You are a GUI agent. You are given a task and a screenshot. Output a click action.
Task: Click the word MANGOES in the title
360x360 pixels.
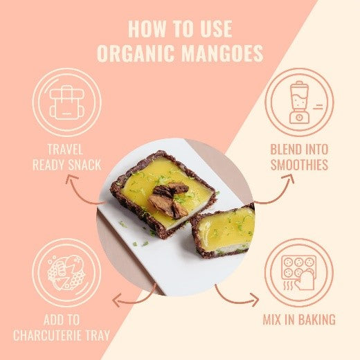[222, 53]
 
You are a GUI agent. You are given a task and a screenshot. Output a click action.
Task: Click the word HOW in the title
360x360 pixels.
[147, 29]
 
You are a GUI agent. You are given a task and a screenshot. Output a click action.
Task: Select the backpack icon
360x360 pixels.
[67, 102]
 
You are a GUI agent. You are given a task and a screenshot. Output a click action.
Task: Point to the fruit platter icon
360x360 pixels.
[66, 273]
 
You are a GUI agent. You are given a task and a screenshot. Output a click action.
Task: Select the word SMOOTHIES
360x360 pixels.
[299, 165]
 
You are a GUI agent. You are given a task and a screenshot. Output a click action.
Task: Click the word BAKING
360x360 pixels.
[317, 320]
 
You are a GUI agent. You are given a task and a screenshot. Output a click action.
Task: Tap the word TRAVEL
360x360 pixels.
[65, 150]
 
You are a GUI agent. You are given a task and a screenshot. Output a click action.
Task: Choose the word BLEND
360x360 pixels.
[286, 150]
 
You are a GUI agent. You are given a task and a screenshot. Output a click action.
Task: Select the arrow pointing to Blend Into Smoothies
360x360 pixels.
[280, 195]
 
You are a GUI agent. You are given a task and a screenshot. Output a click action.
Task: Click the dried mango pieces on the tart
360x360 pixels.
[168, 199]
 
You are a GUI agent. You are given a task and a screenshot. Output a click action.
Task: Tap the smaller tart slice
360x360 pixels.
[223, 231]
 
